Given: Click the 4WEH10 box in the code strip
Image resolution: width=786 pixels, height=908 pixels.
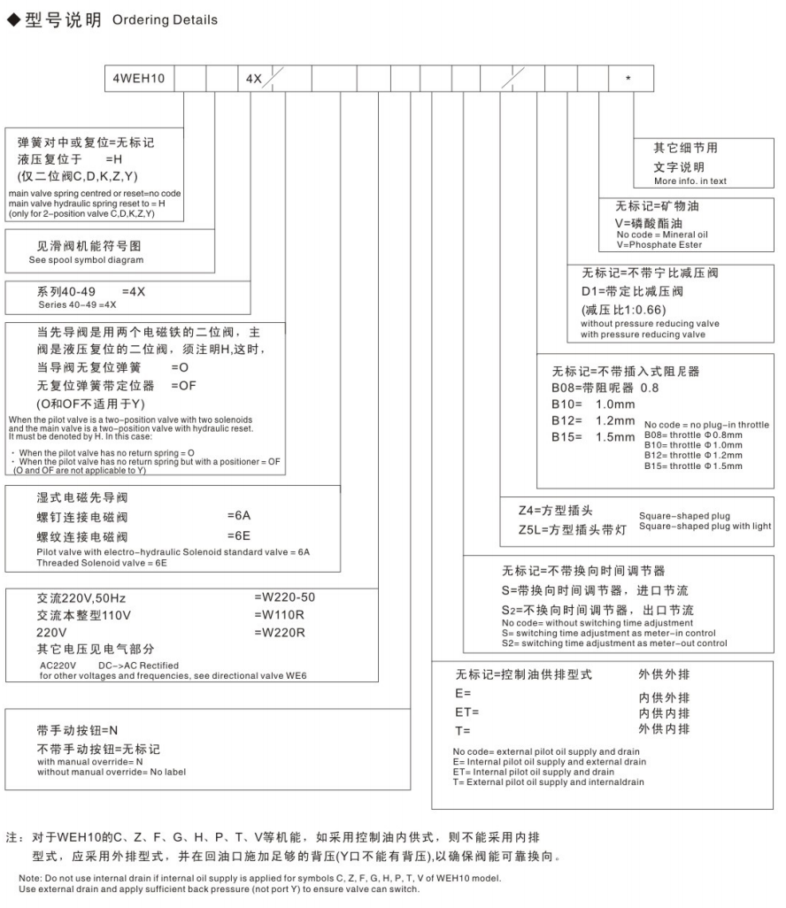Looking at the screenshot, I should (x=138, y=79).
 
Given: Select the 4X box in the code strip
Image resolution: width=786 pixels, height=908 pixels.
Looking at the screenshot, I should (x=252, y=79).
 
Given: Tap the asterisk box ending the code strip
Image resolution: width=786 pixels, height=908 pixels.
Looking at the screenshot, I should (x=628, y=79).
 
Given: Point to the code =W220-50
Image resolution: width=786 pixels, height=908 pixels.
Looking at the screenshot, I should (x=284, y=597).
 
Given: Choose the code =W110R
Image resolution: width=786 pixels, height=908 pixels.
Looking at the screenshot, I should (x=280, y=615).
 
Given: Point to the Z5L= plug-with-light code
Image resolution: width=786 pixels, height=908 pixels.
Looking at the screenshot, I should (x=532, y=530).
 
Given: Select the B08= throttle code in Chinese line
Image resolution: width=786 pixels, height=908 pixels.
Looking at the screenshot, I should (x=569, y=387).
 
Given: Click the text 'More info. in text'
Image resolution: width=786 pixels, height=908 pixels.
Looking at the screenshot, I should (x=690, y=181).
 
